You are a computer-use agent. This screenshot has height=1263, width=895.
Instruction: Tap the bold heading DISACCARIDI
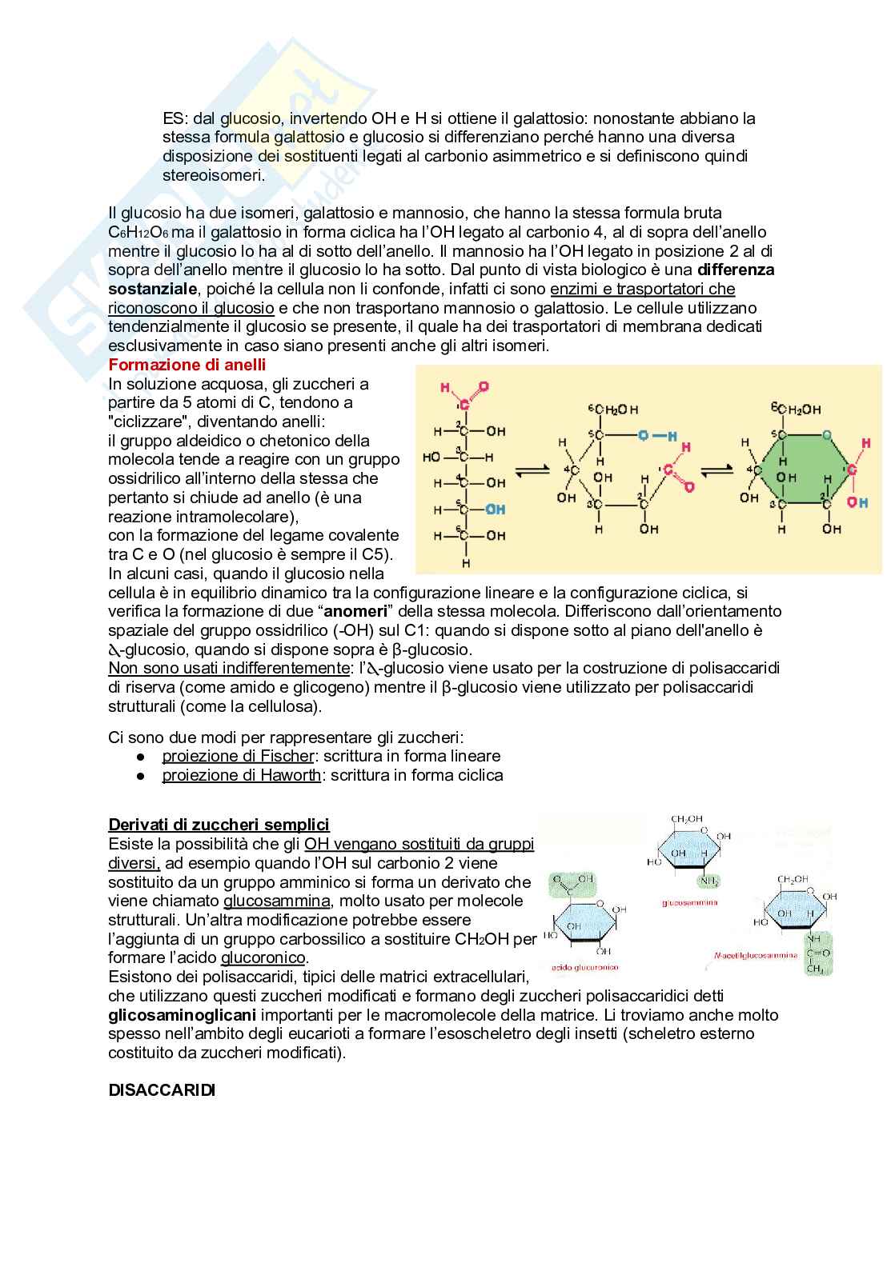pyautogui.click(x=162, y=1090)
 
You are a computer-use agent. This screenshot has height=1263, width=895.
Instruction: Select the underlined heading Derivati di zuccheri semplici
pyautogui.click(x=219, y=825)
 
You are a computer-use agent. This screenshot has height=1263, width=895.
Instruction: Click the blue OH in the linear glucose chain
pyautogui.click(x=496, y=510)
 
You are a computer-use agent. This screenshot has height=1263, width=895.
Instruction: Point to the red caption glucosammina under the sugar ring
pyautogui.click(x=689, y=902)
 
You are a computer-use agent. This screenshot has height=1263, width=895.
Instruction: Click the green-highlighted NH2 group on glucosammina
pyautogui.click(x=708, y=881)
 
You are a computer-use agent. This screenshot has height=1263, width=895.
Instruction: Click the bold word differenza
pyautogui.click(x=736, y=270)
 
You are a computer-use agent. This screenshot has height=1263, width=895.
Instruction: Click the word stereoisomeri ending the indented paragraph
pyautogui.click(x=213, y=175)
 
